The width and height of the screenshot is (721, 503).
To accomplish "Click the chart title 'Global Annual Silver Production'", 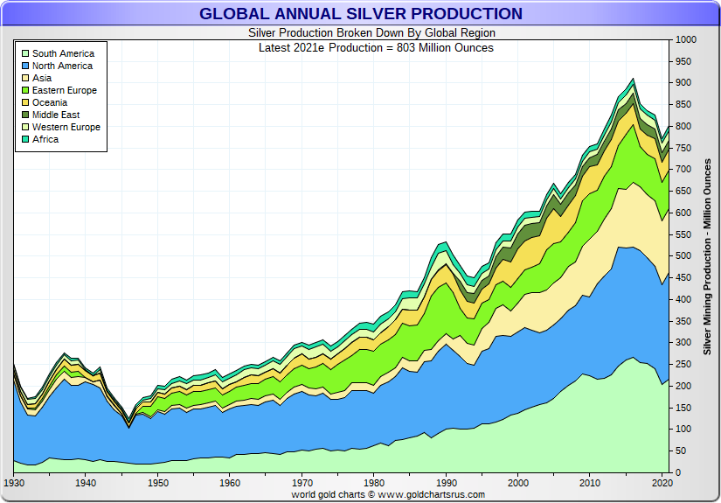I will (360, 14).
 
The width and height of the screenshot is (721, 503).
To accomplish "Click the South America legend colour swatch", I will (24, 53).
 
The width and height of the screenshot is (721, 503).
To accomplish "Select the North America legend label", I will (62, 66).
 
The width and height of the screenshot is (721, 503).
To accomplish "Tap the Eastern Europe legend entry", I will (64, 90).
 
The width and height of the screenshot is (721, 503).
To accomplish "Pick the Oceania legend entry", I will (50, 102).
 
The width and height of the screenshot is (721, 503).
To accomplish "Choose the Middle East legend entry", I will (56, 115).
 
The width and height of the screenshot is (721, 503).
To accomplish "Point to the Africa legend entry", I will (45, 139).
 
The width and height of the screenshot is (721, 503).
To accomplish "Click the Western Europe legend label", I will (66, 127).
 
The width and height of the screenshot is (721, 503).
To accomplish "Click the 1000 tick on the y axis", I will (685, 40).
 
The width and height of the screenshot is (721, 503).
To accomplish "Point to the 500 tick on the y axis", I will (683, 256).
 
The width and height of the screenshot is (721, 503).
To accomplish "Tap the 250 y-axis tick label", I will (683, 364).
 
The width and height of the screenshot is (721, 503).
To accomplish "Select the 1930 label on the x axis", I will (14, 483).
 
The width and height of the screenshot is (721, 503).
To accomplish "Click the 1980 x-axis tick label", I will (374, 483).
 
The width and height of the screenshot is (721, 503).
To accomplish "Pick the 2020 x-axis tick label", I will (662, 483).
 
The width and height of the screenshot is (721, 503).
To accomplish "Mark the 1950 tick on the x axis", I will (158, 483).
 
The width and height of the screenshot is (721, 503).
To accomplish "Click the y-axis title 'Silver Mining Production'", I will (707, 256).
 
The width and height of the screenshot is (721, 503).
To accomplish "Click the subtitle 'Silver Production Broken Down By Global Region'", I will (360, 33).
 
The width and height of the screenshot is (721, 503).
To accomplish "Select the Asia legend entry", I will (42, 78).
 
